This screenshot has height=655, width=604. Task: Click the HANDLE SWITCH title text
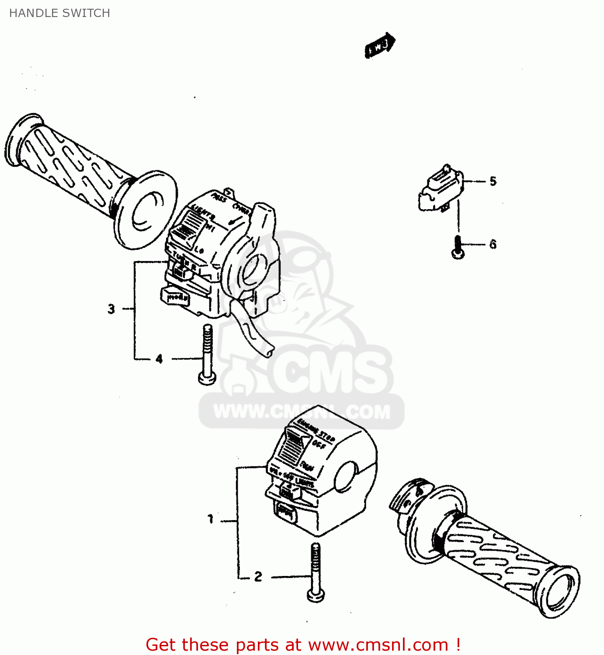tap(59, 13)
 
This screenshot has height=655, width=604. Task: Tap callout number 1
tap(211, 519)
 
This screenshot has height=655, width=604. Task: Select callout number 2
tap(258, 576)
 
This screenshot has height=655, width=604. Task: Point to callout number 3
tap(111, 309)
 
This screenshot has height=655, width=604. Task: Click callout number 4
tap(159, 359)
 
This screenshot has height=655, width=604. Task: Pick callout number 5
tap(493, 181)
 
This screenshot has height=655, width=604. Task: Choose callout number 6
tap(493, 244)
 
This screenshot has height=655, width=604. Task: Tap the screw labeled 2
tap(316, 572)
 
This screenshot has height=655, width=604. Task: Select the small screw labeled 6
tap(458, 247)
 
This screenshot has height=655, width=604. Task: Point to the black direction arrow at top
tap(380, 45)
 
